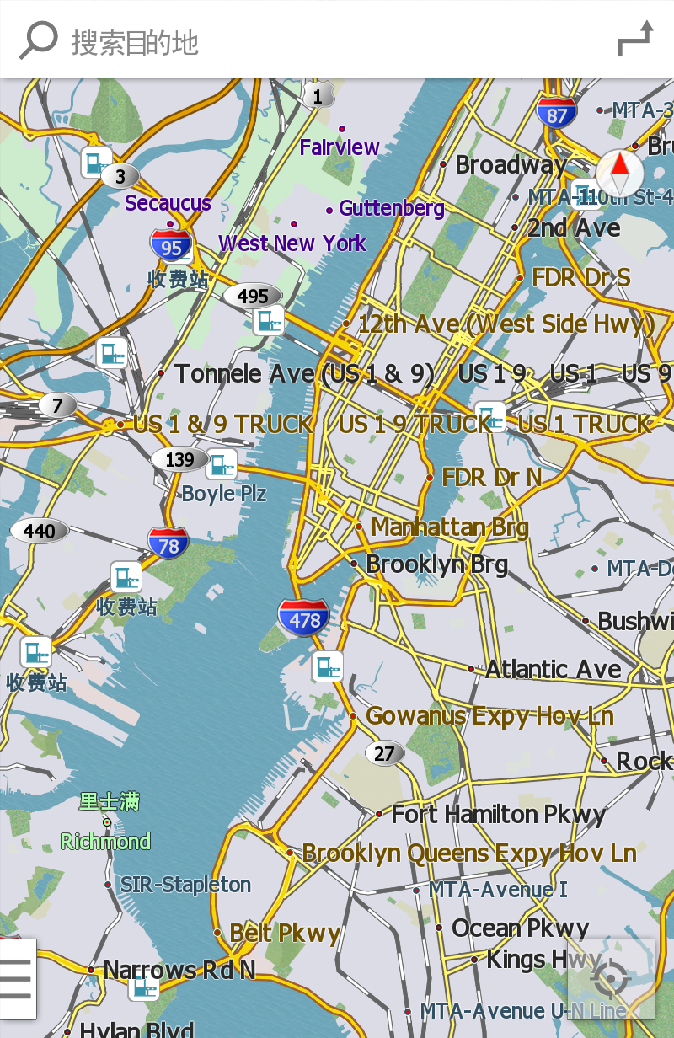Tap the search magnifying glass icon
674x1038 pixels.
38,40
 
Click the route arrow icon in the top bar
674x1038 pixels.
634,40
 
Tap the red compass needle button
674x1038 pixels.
619,173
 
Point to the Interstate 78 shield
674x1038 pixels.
168,545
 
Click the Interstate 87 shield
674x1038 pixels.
557,114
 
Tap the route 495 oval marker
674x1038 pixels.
253,296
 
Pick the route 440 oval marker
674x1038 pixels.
40,531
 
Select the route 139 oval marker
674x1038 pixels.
179,459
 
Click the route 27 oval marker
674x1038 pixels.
384,753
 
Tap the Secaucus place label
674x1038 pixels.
168,203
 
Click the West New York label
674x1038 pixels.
292,243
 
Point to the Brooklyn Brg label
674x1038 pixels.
436,564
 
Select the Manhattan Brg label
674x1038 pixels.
449,527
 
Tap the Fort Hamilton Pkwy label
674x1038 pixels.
499,815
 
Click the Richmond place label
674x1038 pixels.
106,841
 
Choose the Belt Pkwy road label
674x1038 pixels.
285,933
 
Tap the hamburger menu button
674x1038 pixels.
17,978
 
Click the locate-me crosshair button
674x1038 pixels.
611,979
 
